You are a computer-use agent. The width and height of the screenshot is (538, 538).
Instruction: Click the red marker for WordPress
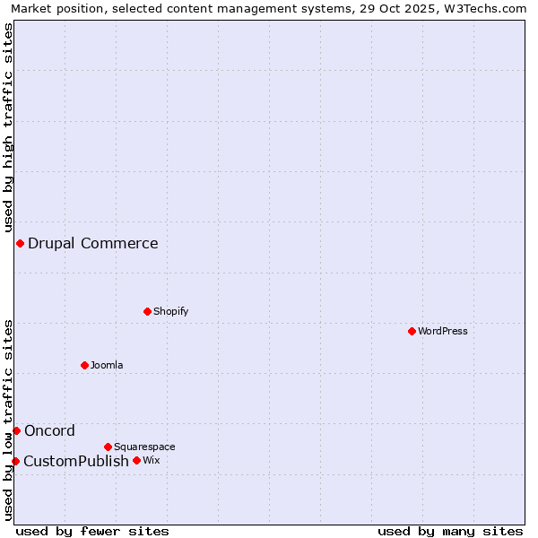(412, 331)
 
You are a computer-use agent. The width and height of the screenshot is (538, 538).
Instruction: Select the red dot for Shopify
(147, 311)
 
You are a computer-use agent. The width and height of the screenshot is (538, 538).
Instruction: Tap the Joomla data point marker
(84, 365)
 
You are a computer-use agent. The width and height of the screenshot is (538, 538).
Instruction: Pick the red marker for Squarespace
(108, 447)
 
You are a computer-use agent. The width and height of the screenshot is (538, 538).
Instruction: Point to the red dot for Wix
(136, 460)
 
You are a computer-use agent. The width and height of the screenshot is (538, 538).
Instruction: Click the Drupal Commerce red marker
(20, 243)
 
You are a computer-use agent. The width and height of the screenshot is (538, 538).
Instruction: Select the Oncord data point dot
(16, 430)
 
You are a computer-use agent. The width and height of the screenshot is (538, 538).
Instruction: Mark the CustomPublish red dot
(15, 461)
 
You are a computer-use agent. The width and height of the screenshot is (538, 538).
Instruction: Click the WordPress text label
(443, 331)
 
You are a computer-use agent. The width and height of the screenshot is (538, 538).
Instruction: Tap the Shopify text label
(170, 311)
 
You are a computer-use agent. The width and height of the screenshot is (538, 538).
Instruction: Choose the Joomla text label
(107, 365)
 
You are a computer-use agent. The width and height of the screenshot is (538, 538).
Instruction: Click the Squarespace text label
(144, 447)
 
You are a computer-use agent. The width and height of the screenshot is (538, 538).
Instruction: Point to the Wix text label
(151, 460)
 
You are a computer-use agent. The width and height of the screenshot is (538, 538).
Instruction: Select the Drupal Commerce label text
(92, 243)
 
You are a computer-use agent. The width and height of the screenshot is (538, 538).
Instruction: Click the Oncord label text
(49, 430)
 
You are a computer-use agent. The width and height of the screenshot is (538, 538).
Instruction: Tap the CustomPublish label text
(76, 461)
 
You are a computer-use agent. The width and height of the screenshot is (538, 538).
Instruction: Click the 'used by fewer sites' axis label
(92, 531)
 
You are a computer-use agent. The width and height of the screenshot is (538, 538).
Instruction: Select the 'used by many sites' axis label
(450, 531)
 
